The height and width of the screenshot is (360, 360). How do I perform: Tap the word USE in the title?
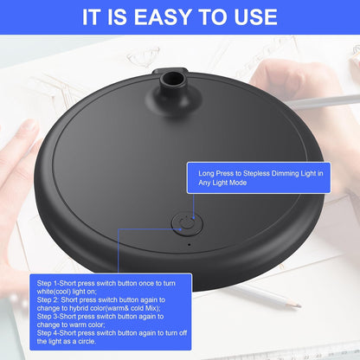pos(255,16)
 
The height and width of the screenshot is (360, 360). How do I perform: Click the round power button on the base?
pos(187,224)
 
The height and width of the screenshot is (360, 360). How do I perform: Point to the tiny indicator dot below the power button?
pos(190,245)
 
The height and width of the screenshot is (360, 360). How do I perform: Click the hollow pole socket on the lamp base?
pos(173,79)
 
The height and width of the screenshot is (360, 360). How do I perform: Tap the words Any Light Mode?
pos(222,183)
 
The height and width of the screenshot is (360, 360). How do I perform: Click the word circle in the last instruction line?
pos(87,342)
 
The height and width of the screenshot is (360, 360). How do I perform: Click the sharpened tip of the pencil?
pos(300,305)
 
